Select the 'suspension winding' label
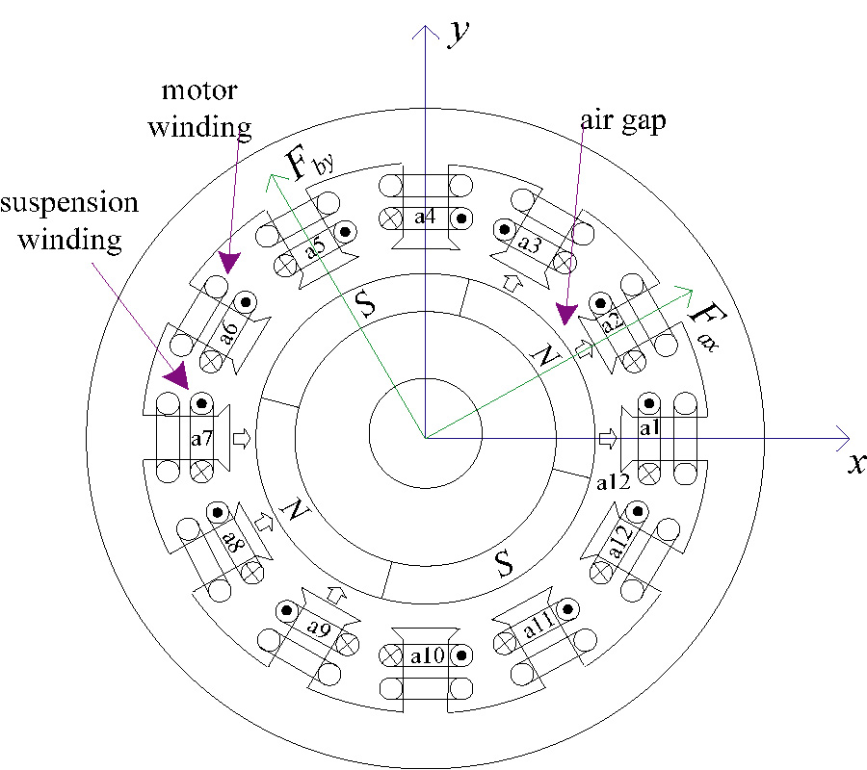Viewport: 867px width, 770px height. click(x=68, y=221)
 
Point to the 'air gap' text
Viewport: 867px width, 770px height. click(x=622, y=122)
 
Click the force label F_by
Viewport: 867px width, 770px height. click(x=309, y=165)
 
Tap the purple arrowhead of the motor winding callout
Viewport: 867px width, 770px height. click(x=228, y=261)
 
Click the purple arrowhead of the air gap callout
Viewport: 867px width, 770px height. click(x=565, y=314)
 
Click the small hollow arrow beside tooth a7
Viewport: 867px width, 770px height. click(x=241, y=439)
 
